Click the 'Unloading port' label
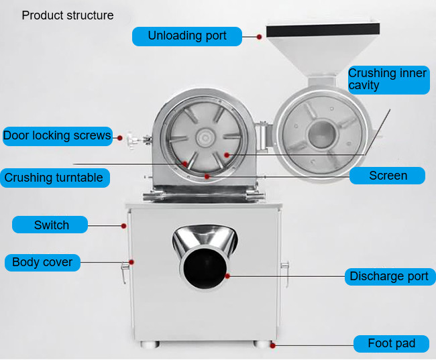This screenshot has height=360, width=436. (x=187, y=36)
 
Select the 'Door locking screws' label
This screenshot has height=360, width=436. (x=58, y=136)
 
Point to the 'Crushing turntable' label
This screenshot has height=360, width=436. (x=55, y=178)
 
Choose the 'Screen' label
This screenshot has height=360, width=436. (x=387, y=176)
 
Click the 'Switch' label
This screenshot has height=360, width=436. (x=50, y=225)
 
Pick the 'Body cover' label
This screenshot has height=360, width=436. (x=42, y=262)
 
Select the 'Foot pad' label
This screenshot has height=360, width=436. (x=391, y=344)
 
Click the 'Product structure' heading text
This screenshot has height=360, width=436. (x=68, y=15)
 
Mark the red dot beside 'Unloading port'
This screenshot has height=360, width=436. (x=259, y=37)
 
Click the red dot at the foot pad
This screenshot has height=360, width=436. (x=272, y=345)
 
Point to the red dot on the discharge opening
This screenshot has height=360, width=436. (x=227, y=276)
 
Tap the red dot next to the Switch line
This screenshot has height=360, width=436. (x=123, y=226)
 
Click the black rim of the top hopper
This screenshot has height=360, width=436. (x=323, y=30)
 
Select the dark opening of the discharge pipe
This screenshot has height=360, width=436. (x=205, y=268)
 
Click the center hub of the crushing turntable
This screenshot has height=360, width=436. (x=205, y=137)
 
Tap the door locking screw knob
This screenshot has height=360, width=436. (x=131, y=140)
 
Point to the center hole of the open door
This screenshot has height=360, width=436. (x=322, y=134)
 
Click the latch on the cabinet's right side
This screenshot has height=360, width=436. (x=285, y=274)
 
